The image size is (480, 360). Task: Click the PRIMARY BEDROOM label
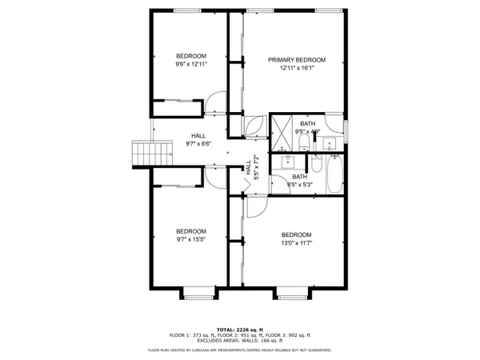pos(297,60)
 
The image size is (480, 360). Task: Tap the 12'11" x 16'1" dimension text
pos(297,69)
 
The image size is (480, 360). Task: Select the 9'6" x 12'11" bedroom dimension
pos(191,65)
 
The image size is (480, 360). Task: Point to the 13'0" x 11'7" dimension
pos(297,243)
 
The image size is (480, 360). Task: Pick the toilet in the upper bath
pos(305,142)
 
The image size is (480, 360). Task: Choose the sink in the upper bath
pos(330,144)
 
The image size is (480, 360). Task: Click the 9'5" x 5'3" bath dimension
pos(299,186)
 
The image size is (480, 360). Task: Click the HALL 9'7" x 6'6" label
pos(197,141)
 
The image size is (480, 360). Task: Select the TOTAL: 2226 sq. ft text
pos(240,330)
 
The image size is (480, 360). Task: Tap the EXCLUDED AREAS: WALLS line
pos(240,342)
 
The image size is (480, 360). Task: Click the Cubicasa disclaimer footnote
pos(240,350)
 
